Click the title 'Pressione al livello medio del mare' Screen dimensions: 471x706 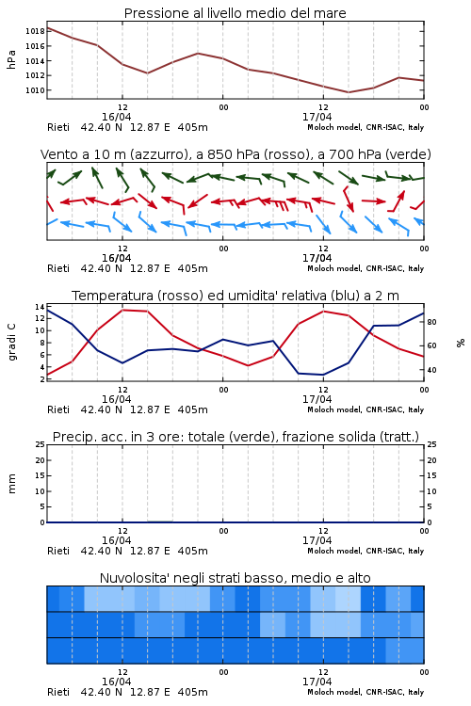point(235,13)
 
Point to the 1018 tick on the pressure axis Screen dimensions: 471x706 point(35,31)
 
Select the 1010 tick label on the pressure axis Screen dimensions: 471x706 point(35,90)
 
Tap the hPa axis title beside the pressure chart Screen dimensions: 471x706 point(11,59)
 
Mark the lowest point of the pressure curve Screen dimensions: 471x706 point(348,92)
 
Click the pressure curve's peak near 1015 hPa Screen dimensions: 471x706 point(198,53)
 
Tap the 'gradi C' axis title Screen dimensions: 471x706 point(11,342)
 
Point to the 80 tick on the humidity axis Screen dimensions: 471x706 point(431,322)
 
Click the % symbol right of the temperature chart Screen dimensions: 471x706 point(461,343)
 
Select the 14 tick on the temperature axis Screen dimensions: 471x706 point(40,307)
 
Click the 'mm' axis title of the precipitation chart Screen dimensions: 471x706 point(11,484)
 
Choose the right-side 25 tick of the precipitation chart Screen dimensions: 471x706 point(431,444)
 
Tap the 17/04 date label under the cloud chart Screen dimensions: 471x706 point(317,682)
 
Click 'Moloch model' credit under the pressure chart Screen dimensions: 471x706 point(334,127)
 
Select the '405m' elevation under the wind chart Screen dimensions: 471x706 point(192,269)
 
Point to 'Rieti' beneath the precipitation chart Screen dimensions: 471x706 point(58,551)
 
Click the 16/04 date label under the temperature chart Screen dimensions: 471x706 point(116,399)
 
